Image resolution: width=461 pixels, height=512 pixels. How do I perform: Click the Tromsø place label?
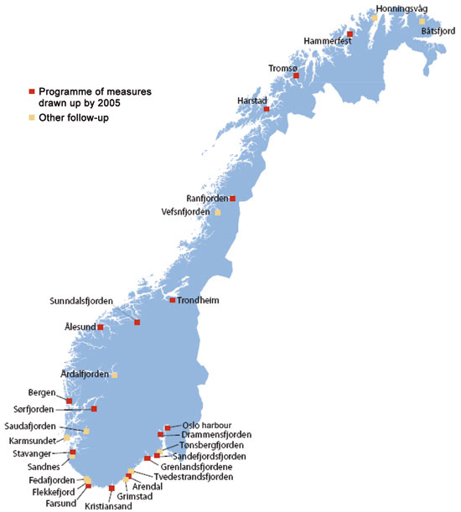(282, 68)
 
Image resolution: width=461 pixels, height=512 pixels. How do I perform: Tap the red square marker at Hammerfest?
(350, 34)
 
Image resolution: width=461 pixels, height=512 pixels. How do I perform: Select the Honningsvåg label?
(400, 8)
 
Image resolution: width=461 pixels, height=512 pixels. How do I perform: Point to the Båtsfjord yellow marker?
(422, 21)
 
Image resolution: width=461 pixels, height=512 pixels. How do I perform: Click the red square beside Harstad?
(267, 109)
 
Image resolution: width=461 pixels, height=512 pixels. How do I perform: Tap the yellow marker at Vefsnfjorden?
(218, 212)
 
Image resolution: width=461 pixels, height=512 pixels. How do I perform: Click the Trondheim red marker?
(173, 300)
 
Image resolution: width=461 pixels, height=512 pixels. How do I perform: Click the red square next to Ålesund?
(101, 327)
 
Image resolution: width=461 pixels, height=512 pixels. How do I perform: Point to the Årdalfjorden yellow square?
(116, 375)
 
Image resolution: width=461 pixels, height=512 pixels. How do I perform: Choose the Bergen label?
(41, 392)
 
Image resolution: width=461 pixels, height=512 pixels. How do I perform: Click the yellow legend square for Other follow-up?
(32, 117)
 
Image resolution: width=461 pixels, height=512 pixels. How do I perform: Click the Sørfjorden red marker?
(94, 409)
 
